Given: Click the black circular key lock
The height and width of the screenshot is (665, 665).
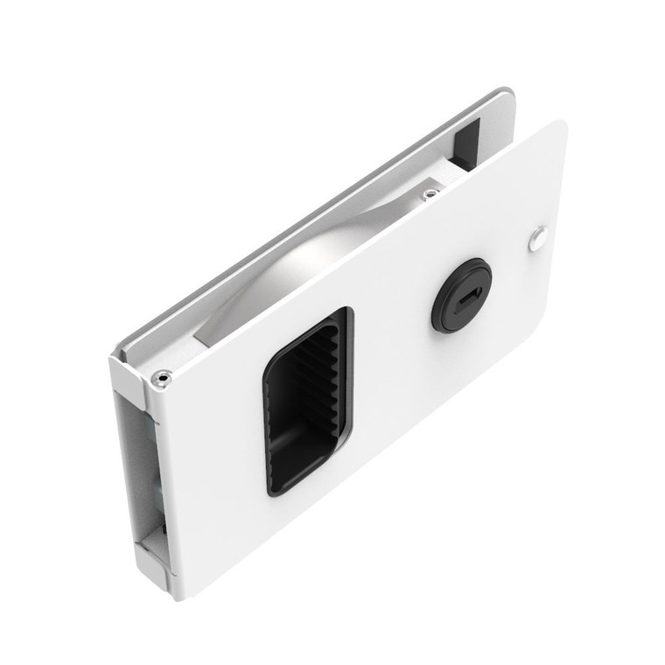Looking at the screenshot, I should tap(461, 295).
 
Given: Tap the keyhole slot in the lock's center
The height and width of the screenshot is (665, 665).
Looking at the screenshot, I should tap(465, 292).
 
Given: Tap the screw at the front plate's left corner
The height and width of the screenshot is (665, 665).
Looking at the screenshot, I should tap(160, 378).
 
